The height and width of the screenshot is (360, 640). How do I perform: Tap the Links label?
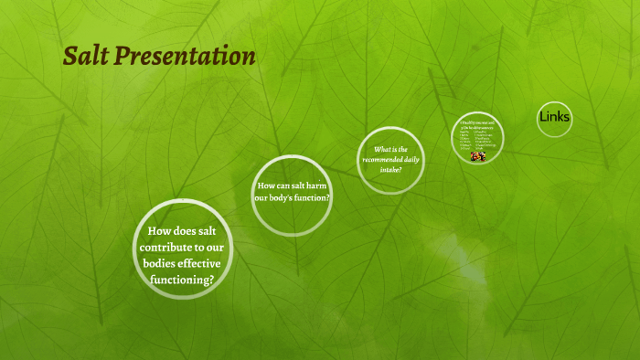pos(554,117)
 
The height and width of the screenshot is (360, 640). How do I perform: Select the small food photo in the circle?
pos(478,156)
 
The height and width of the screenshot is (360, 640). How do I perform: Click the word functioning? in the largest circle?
pos(183,280)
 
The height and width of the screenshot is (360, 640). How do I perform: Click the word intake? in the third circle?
pos(390,170)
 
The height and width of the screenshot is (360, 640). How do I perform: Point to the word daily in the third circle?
pos(413,160)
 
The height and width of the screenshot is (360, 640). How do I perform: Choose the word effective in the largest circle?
pos(205,264)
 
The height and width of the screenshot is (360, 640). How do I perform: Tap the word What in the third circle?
pos(382,149)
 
